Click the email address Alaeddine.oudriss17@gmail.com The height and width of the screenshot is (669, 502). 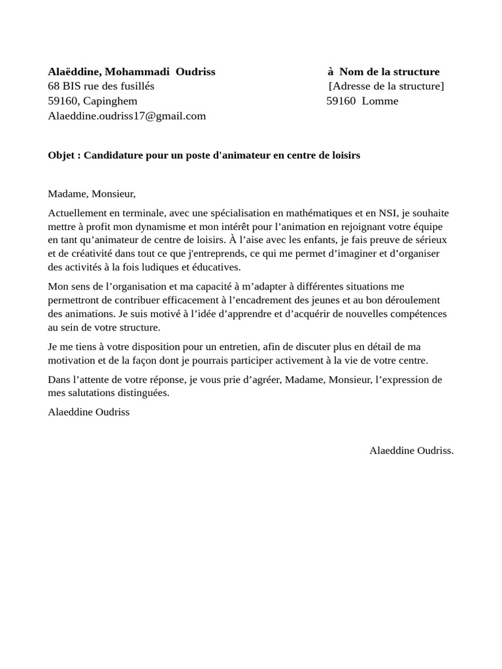point(127,116)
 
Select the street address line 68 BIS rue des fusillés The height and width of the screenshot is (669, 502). point(101,86)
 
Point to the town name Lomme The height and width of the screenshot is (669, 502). point(380,101)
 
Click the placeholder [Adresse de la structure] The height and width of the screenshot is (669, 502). point(386,86)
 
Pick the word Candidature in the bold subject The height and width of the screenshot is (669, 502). point(114,155)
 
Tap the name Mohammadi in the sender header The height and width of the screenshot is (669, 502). point(138,72)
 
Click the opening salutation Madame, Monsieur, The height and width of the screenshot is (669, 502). point(92,193)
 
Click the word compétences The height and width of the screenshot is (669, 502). point(418,314)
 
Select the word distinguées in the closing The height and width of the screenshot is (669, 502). point(141,393)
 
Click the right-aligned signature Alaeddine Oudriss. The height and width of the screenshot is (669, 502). point(411,450)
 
